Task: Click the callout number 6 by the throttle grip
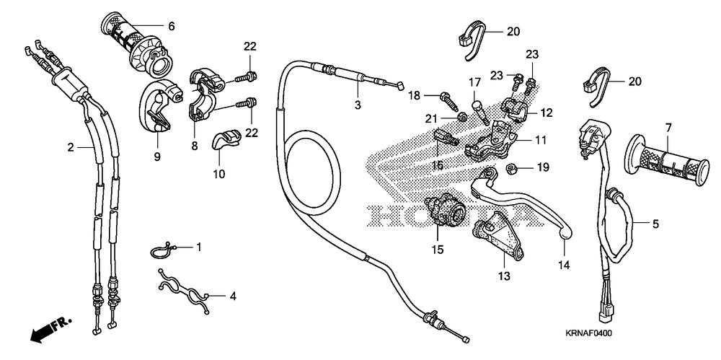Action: click(x=172, y=26)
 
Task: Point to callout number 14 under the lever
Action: click(x=563, y=265)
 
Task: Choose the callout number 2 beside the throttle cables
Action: click(x=71, y=148)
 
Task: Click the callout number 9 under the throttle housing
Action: click(x=157, y=155)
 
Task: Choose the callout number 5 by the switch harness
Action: click(x=655, y=224)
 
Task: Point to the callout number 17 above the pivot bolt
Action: click(x=475, y=81)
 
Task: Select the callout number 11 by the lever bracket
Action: click(x=541, y=141)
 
